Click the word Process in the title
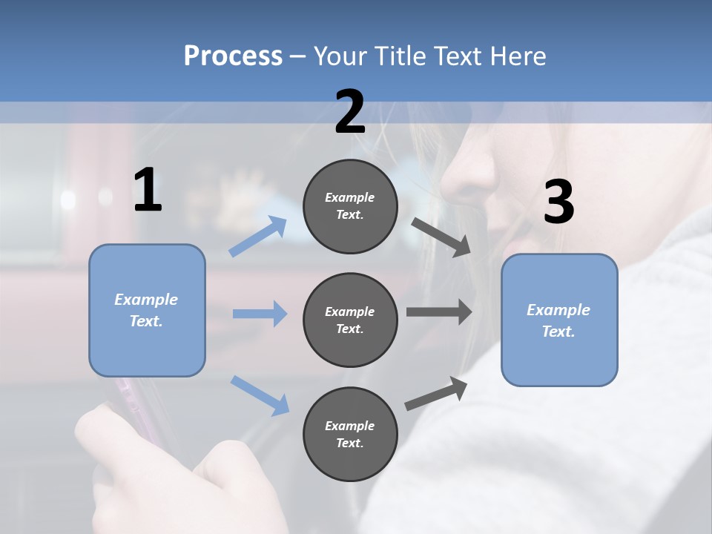233,56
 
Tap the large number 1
148,191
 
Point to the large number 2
350,113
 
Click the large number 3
558,202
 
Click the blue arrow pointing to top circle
259,237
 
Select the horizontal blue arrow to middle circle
260,314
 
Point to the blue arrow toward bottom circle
260,395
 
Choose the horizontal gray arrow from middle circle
438,312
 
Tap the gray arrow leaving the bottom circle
436,393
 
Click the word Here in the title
518,56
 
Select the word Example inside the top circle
350,197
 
